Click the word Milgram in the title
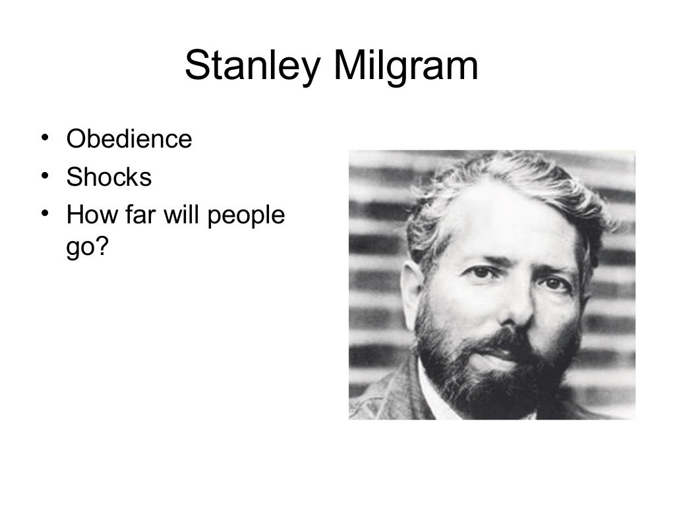coord(406,67)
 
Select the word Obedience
coord(129,140)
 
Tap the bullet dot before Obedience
coord(44,140)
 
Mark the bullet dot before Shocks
coord(44,177)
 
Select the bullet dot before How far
coord(44,214)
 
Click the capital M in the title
coord(353,67)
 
